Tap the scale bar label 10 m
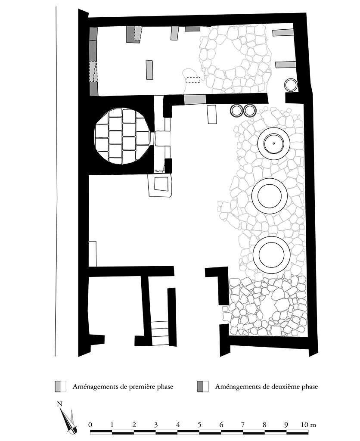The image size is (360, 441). point(309,425)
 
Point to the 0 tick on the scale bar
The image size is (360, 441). point(90,425)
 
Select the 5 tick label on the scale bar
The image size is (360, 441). point(199,425)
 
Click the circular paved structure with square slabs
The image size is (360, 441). point(123,137)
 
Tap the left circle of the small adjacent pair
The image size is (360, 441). point(237,111)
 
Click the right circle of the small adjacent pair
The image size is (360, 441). point(249,111)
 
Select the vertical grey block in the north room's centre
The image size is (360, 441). point(149,70)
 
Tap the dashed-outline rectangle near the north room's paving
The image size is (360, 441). point(193,80)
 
